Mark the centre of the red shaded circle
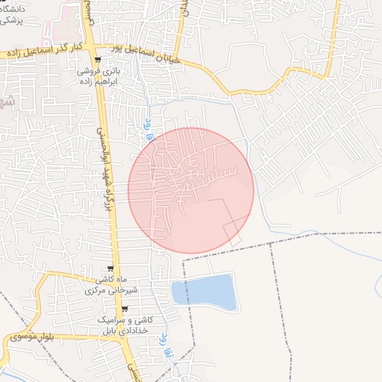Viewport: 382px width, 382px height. pos(191,191)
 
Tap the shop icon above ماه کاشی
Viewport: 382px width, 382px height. pos(110,269)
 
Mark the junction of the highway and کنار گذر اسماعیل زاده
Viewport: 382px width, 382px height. pos(93,52)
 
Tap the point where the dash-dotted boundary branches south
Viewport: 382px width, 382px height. pos(271,244)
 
